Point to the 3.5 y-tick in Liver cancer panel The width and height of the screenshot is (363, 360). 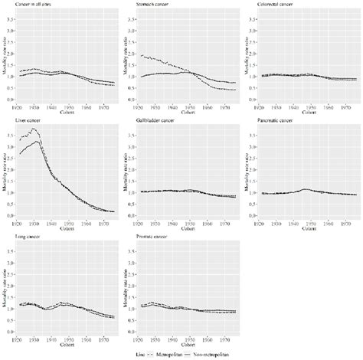10,135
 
